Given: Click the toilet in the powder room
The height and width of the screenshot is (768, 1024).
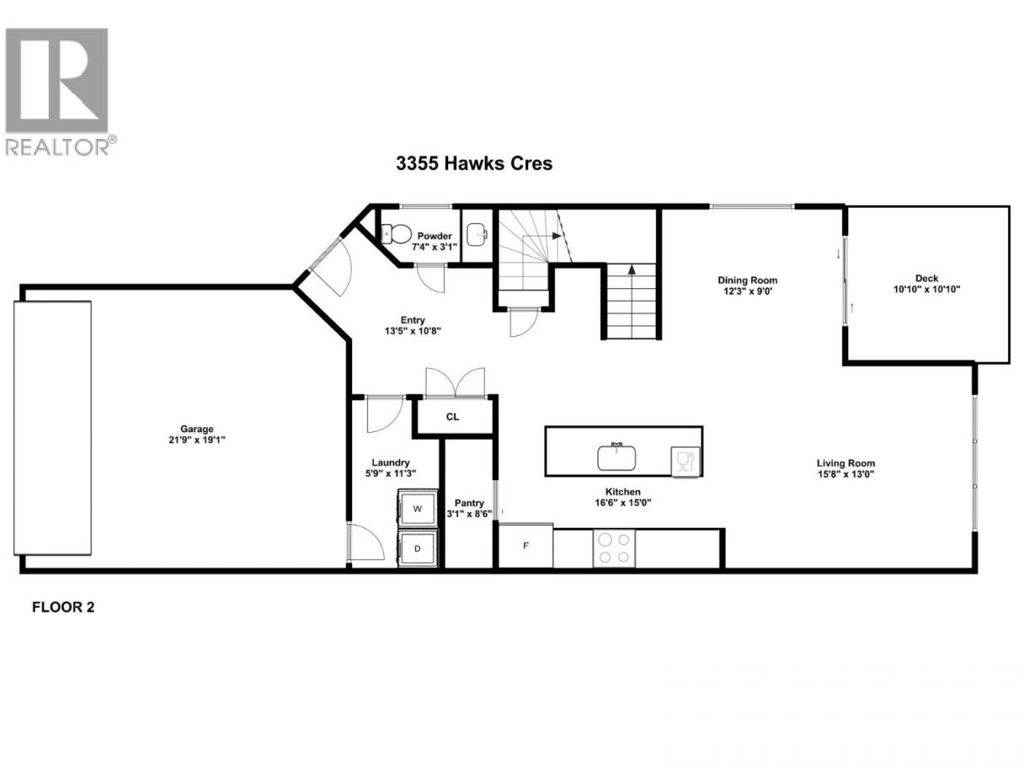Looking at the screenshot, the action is (396, 233).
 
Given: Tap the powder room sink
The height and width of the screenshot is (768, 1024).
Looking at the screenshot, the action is (477, 233).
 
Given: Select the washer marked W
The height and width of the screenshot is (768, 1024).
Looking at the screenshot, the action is (418, 509).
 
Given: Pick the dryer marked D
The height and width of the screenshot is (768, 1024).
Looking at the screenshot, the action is (418, 548).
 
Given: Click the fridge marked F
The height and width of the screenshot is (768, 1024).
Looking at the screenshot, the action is (525, 546).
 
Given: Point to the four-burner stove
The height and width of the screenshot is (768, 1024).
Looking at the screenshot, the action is (614, 548).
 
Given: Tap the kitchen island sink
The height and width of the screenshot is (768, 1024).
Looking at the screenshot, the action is (616, 457).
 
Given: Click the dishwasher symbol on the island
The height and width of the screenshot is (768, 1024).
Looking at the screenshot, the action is (685, 461).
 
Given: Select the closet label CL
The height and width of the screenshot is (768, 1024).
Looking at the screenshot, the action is (452, 417).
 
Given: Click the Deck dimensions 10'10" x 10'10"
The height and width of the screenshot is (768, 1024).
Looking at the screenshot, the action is (926, 289).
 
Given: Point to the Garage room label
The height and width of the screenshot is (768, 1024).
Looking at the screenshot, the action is (197, 429).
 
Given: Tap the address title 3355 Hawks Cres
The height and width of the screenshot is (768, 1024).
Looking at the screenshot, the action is (474, 163).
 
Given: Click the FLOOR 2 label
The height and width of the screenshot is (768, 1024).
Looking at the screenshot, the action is (63, 607).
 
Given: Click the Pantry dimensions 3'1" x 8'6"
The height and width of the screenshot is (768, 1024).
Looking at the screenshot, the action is (469, 514).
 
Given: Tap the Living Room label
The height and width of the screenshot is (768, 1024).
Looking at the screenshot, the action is (845, 463).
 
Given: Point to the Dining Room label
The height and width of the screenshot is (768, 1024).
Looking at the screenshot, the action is (747, 280).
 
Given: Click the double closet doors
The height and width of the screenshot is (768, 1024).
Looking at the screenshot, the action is (456, 382).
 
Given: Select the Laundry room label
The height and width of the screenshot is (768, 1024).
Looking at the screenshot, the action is (391, 462).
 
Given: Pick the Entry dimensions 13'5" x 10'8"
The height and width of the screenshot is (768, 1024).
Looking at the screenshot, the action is (413, 331).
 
